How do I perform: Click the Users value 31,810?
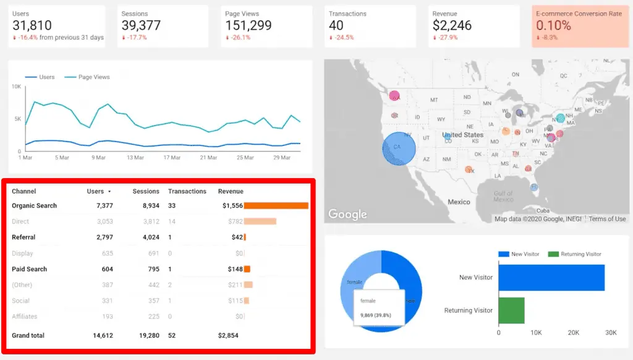click(x=32, y=25)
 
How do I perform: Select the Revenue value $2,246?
click(x=452, y=25)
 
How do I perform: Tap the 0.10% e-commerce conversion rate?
click(x=553, y=25)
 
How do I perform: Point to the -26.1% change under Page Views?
click(x=240, y=38)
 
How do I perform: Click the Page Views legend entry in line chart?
click(x=93, y=77)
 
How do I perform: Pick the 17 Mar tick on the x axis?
click(x=172, y=158)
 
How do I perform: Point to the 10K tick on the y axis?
click(x=17, y=87)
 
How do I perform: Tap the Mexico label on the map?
click(x=459, y=202)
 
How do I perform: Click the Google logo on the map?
click(x=347, y=214)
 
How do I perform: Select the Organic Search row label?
click(x=34, y=206)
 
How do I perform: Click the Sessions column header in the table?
click(x=146, y=192)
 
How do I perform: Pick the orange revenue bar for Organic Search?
click(x=276, y=206)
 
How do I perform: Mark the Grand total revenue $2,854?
click(x=228, y=336)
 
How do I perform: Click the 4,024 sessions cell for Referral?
click(x=148, y=238)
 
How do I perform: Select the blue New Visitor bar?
click(x=551, y=278)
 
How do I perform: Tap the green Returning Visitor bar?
click(x=512, y=310)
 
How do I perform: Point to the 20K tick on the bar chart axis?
click(x=573, y=333)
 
